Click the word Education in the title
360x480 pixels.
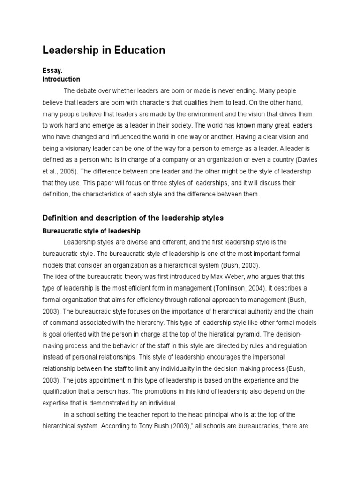(x=139, y=50)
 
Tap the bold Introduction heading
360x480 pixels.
(x=61, y=79)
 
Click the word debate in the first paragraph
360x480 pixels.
(x=87, y=90)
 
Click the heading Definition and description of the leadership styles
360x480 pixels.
(x=133, y=218)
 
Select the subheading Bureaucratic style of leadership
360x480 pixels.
(x=91, y=231)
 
